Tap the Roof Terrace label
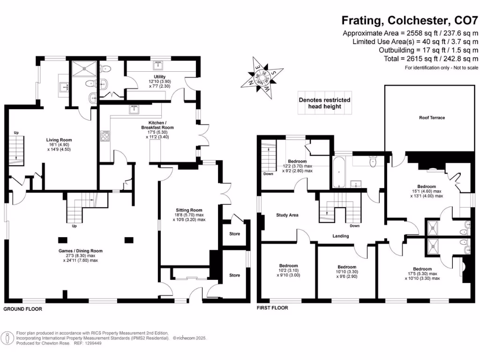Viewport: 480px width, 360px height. (432, 118)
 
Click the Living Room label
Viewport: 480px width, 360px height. (59, 140)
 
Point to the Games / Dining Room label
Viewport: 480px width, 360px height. (81, 251)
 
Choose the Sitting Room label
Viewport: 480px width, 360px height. (189, 210)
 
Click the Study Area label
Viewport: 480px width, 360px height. (287, 215)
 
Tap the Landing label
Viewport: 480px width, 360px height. (340, 236)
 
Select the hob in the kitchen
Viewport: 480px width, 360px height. (105, 137)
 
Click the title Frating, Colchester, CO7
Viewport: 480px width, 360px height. (409, 20)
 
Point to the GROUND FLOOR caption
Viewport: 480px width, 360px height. (23, 309)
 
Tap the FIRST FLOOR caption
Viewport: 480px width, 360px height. (272, 308)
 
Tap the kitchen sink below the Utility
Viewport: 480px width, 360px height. (134, 110)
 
